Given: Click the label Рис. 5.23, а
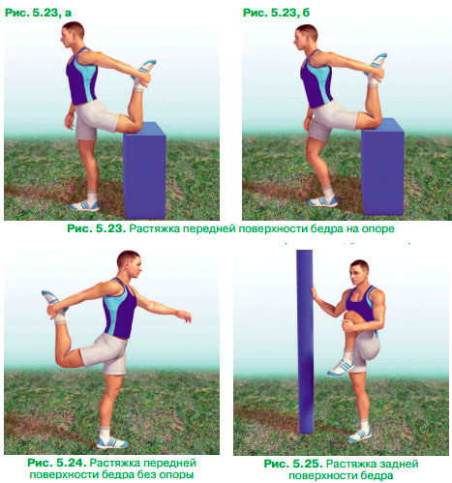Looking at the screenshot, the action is (x=38, y=13).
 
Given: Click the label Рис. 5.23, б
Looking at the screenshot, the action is (x=276, y=13).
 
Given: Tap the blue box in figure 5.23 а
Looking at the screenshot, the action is (x=144, y=170).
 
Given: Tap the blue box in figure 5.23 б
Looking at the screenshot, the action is (x=382, y=166).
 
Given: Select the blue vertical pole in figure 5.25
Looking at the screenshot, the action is (x=305, y=342).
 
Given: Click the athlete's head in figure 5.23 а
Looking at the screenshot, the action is (x=73, y=34).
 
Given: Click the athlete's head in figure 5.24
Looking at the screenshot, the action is (x=130, y=264).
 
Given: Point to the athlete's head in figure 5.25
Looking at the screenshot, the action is (x=359, y=273).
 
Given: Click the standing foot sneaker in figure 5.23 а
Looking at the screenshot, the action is (x=84, y=205).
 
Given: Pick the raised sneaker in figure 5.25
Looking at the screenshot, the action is (x=341, y=368).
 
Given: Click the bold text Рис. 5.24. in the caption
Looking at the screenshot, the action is (x=57, y=463).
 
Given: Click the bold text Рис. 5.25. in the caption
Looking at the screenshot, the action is (x=293, y=464).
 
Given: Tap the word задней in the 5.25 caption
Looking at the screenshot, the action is (x=400, y=464).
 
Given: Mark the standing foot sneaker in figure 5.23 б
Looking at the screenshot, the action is (x=322, y=201).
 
